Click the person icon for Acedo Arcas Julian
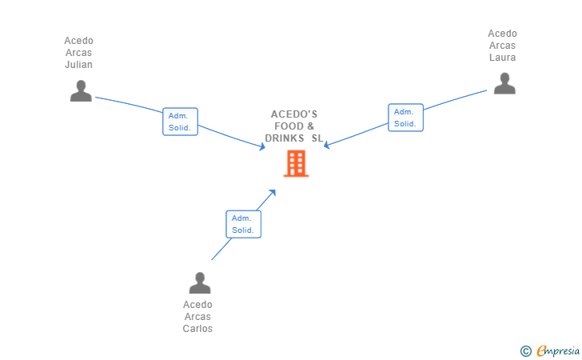pos(80,91)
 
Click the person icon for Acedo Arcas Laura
pos(504,83)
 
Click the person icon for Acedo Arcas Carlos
pos(199,283)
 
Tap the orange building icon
pos(296,163)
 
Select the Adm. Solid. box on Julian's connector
pos(180,122)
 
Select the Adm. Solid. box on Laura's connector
pos(405,118)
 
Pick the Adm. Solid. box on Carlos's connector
pos(243,224)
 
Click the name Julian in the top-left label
pos(79,65)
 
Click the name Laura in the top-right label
pos(503,58)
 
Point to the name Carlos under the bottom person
pos(197,328)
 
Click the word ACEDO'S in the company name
pos(294,114)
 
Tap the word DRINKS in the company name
pos(285,138)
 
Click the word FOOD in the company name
pos(288,126)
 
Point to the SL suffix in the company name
pos(317,138)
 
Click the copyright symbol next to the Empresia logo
pos(525,350)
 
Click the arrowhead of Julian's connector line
pos(262,146)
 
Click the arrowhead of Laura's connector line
pos(326,145)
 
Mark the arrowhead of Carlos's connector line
pos(273,192)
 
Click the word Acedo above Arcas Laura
pos(503,34)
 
